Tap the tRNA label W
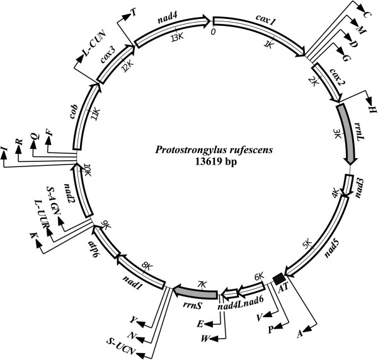coord(205,338)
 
